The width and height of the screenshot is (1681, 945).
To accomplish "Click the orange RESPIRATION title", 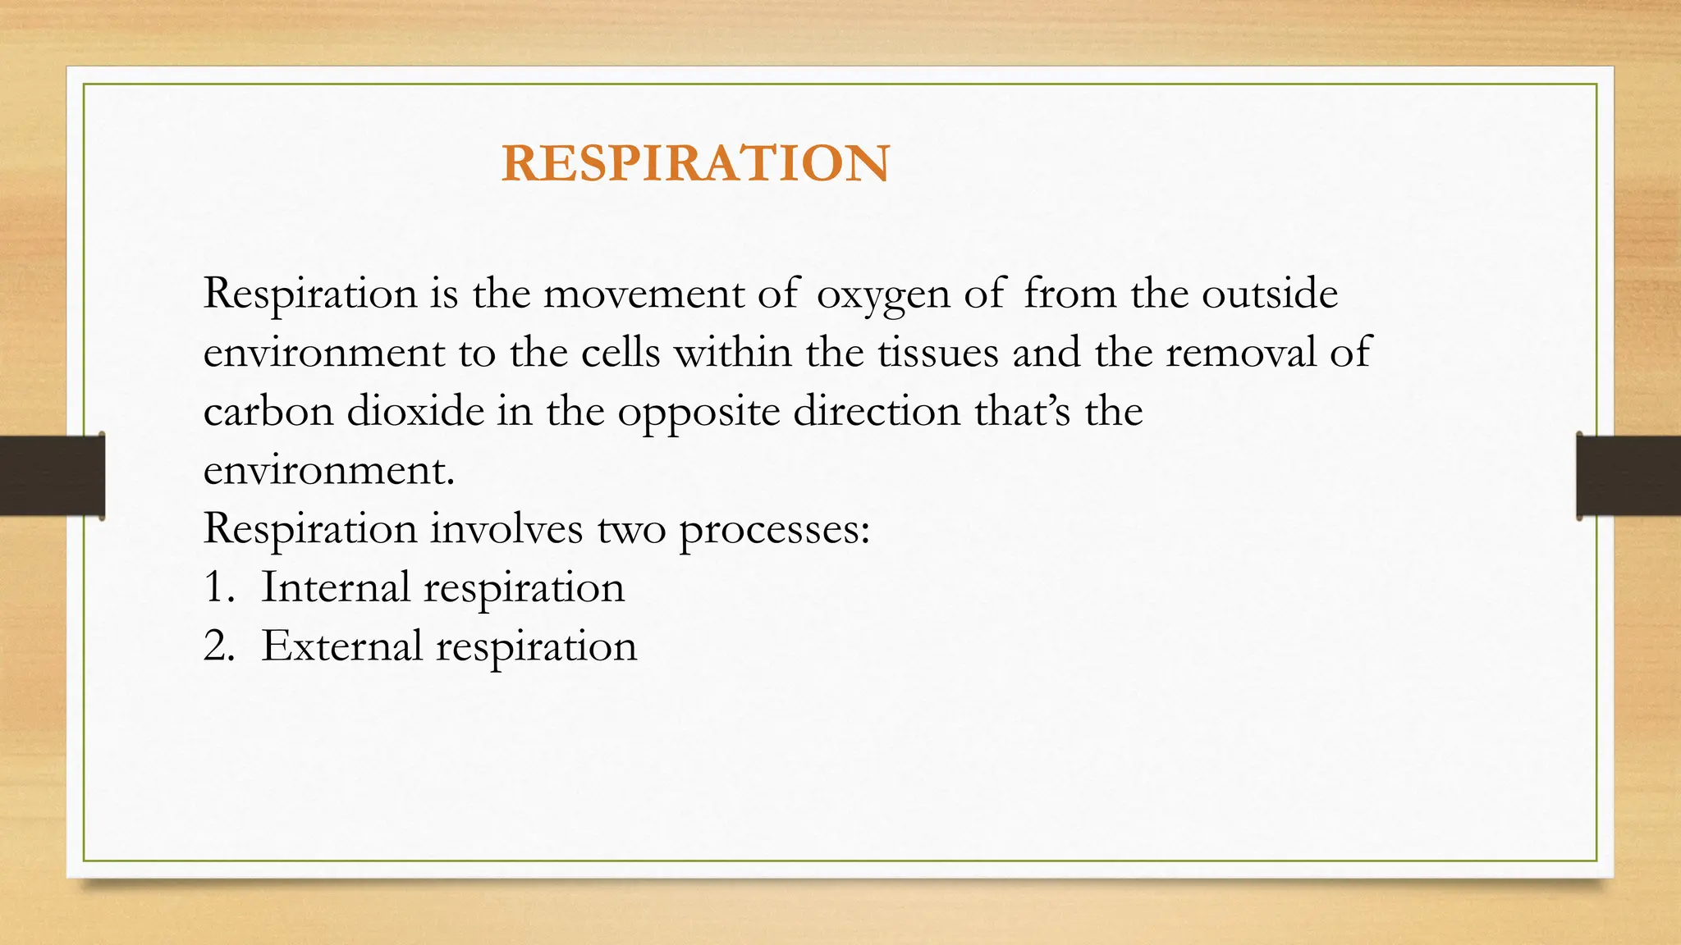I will coord(695,162).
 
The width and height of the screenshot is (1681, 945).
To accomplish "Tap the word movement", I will coord(644,294).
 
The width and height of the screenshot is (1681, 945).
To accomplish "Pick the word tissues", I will coord(937,353).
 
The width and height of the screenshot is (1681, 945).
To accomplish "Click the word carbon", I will coord(268,411).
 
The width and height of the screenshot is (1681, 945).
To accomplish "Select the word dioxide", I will coord(415,411).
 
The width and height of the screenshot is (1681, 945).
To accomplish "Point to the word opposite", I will coord(699,413).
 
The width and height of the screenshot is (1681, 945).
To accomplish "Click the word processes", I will coord(773,530).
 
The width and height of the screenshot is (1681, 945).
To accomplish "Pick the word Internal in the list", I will coord(336,587).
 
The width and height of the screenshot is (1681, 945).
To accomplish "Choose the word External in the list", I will coord(341,646).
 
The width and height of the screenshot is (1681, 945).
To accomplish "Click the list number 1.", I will coord(217,587).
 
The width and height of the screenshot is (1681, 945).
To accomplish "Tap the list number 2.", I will coord(218,646).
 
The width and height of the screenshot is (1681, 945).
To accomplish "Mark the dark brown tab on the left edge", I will coord(52,476).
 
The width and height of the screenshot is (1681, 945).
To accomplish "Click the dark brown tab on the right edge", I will coord(1628,476).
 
